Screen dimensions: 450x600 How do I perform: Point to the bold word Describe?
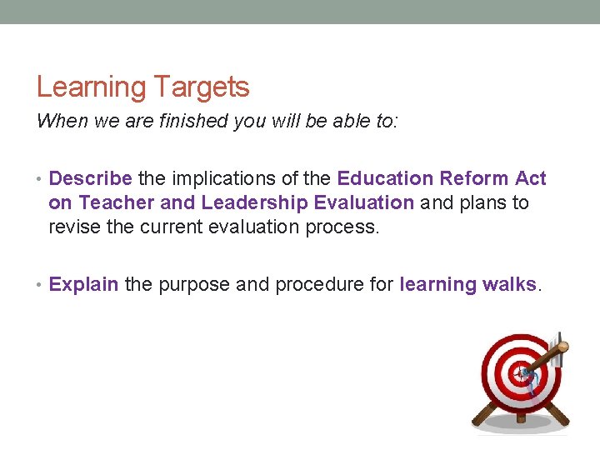90,178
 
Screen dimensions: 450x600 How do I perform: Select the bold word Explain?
83,284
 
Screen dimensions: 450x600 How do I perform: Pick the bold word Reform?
472,178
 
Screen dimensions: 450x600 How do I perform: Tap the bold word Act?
531,178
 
